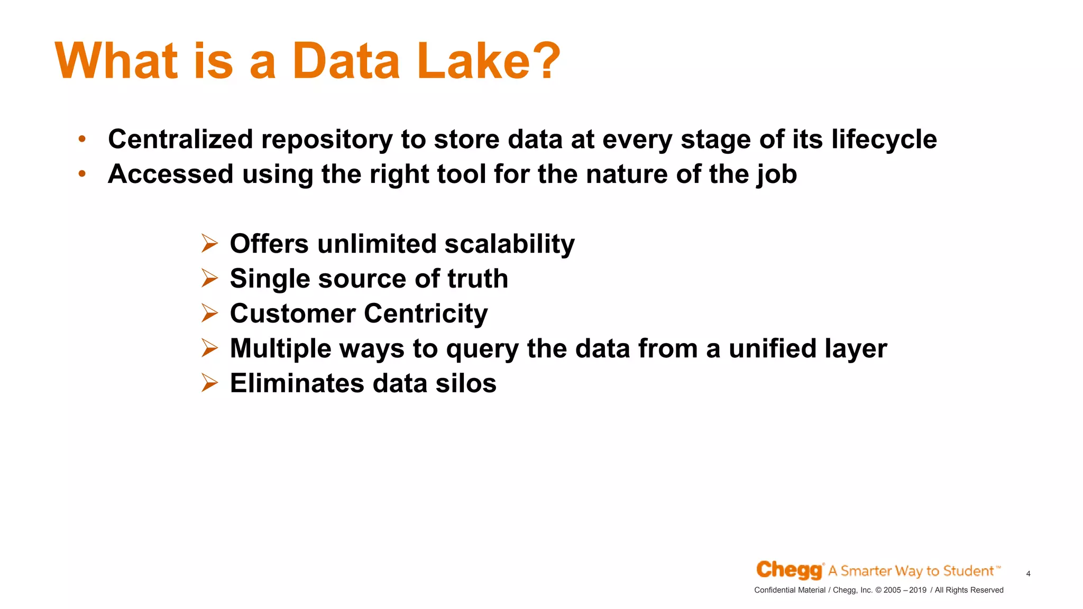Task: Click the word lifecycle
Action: [884, 140]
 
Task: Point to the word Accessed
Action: [170, 174]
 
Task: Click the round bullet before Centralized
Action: [82, 139]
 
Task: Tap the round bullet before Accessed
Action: [82, 173]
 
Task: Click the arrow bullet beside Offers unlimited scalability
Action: [209, 244]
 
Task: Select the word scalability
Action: [509, 244]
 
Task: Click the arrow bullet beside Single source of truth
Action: [209, 278]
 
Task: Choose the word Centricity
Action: [426, 313]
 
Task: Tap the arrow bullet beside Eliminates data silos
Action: [209, 383]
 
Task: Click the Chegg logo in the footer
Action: [789, 570]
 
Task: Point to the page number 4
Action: [1028, 574]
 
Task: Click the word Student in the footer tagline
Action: [968, 571]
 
